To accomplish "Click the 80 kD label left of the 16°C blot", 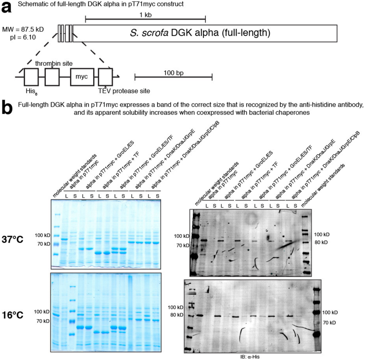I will [177, 315].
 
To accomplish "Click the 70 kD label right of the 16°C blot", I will [328, 321].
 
